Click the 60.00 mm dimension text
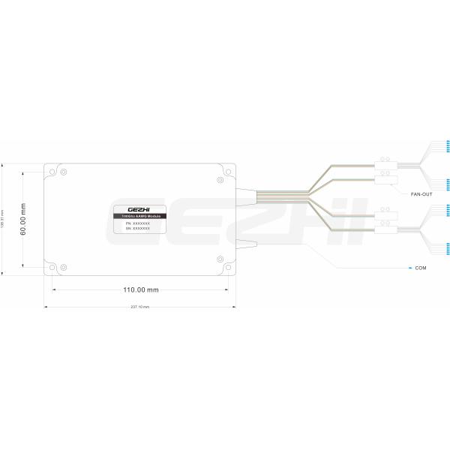pos(24,218)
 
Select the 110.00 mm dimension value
pos(141,289)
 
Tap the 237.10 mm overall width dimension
pos(140,307)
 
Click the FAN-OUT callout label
pos(421,194)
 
